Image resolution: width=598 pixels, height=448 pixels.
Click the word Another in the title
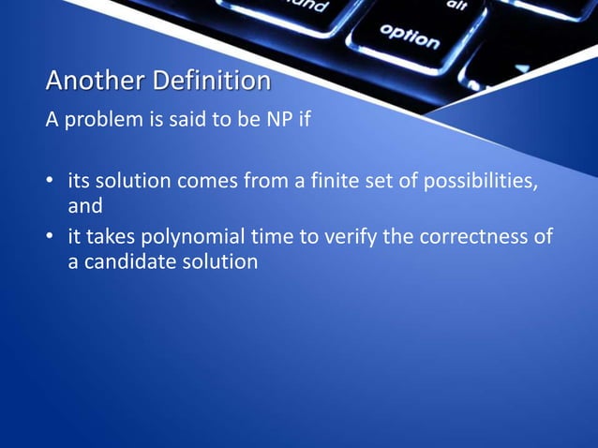point(83,82)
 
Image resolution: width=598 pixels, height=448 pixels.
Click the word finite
point(339,179)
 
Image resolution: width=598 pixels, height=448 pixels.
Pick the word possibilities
point(479,179)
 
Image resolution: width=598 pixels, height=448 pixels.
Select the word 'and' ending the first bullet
point(84,202)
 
